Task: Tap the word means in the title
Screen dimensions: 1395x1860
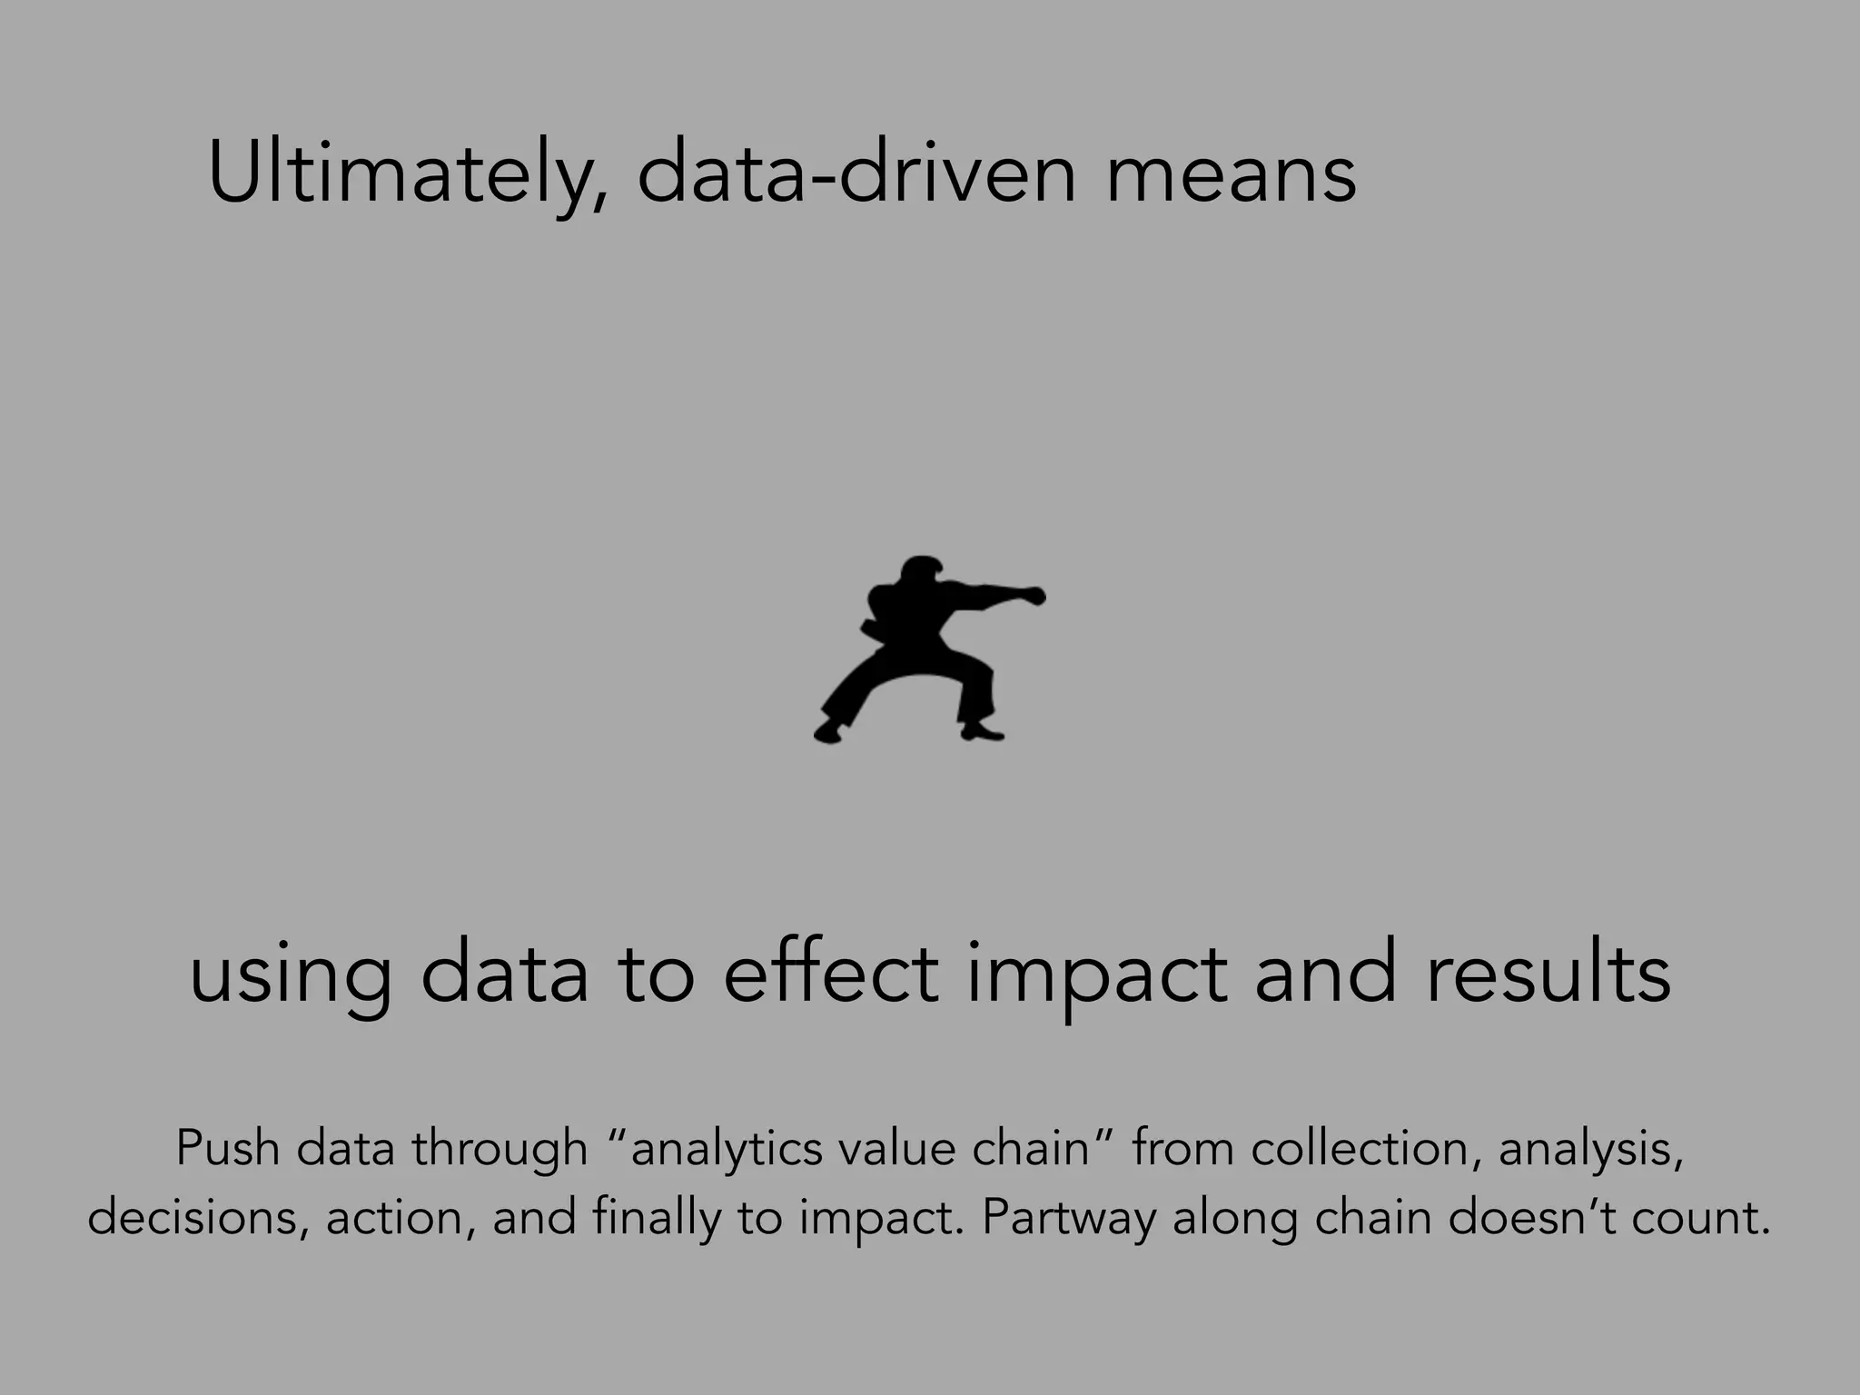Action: point(1231,173)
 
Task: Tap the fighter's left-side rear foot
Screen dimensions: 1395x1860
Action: point(827,732)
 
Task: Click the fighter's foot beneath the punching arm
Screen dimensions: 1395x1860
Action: point(982,730)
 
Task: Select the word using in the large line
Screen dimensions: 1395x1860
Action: point(291,976)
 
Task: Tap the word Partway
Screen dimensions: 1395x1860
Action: point(1068,1218)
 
